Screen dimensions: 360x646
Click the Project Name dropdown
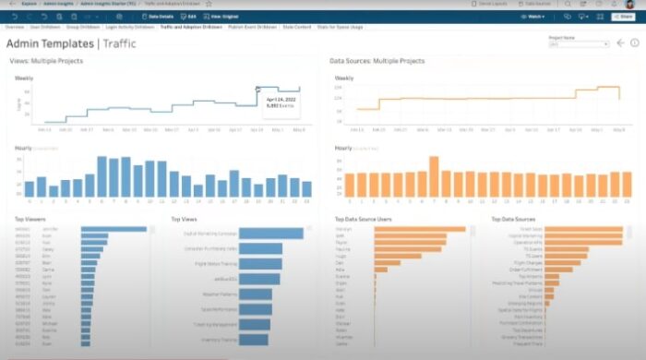(x=579, y=43)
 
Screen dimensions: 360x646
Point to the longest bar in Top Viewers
(x=114, y=230)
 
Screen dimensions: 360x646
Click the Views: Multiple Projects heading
(x=46, y=61)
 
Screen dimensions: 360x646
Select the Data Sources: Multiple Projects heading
(x=377, y=61)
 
